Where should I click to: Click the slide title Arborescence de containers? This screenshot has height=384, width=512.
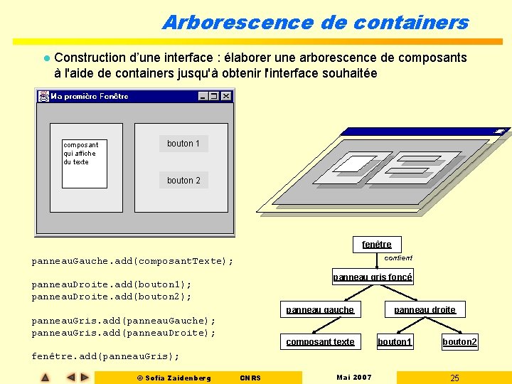click(316, 22)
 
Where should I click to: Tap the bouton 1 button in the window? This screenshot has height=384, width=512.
click(183, 144)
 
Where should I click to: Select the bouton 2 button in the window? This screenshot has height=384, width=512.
click(183, 181)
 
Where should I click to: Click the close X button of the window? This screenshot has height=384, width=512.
click(226, 96)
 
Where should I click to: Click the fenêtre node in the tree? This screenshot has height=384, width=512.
click(377, 244)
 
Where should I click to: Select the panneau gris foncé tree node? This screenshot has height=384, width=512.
click(373, 277)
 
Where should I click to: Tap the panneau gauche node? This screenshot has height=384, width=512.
click(320, 309)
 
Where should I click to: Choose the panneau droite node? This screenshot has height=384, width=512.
click(425, 309)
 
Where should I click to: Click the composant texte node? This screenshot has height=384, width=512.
click(320, 342)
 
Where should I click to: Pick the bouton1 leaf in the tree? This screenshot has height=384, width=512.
click(395, 342)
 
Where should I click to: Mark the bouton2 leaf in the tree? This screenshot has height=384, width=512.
click(460, 342)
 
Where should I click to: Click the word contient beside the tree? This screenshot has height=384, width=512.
click(398, 258)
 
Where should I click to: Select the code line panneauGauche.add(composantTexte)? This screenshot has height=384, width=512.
click(132, 261)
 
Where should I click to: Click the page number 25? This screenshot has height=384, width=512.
click(454, 378)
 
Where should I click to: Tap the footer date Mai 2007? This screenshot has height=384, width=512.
click(353, 377)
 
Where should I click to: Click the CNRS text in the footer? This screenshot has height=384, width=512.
click(250, 378)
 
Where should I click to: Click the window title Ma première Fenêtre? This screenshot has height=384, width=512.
click(90, 96)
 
